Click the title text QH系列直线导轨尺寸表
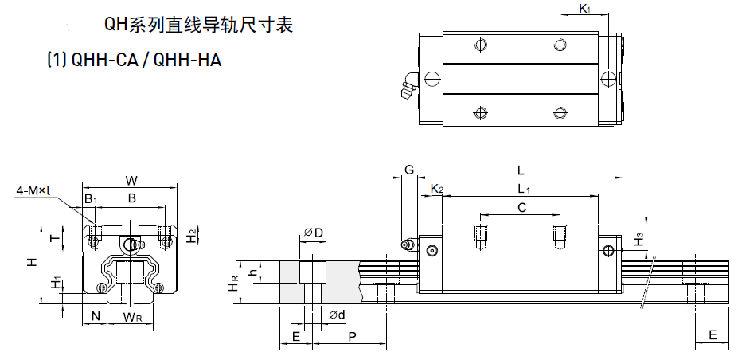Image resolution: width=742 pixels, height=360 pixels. (x=199, y=25)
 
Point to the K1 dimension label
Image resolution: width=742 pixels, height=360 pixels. (x=584, y=9)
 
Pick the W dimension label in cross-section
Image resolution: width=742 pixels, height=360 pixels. (x=132, y=179)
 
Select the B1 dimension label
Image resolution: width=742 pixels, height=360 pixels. (x=91, y=198)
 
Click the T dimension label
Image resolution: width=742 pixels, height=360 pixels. (x=54, y=237)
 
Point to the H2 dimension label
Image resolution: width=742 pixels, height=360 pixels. (x=192, y=236)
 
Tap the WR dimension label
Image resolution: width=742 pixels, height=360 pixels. (x=132, y=318)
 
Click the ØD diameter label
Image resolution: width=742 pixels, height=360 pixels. (x=313, y=233)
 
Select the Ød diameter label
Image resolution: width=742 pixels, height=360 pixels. (x=336, y=316)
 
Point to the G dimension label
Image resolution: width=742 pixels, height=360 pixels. (x=409, y=170)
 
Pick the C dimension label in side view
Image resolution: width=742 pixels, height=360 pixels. (x=521, y=208)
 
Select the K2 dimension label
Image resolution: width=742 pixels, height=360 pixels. (x=436, y=189)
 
